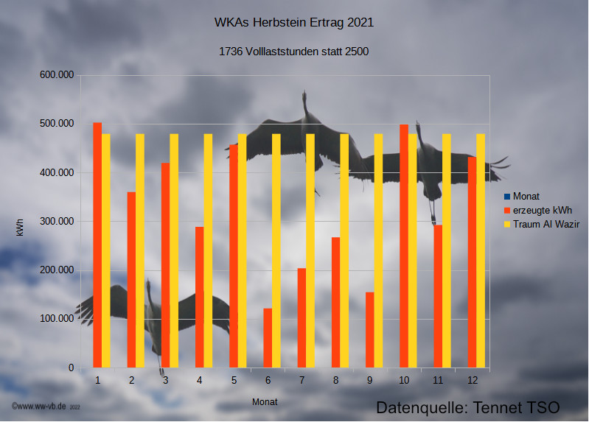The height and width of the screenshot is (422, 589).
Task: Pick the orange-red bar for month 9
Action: [370, 329]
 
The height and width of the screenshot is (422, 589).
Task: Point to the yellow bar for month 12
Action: [481, 250]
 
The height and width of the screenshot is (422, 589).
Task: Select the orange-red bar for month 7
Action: [302, 317]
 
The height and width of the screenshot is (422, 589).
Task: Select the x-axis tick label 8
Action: [336, 380]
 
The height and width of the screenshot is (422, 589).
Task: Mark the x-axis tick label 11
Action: [438, 380]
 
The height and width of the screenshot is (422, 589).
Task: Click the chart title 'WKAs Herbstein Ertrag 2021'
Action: [294, 22]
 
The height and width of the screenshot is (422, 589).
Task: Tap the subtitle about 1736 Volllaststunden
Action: [294, 52]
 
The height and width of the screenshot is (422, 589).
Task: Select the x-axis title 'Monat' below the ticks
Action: [265, 401]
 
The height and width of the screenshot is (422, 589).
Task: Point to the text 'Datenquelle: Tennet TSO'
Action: [468, 407]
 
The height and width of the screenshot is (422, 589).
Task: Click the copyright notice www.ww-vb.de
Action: [45, 406]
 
